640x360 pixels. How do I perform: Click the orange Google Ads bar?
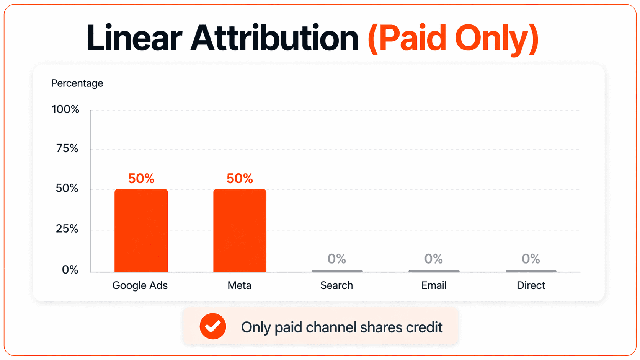(141, 230)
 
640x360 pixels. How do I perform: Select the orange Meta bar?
(240, 230)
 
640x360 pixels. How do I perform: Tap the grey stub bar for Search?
(337, 271)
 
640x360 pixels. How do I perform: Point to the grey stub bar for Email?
(434, 271)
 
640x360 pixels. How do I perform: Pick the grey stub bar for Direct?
(531, 271)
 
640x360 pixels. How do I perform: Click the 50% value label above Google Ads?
(141, 178)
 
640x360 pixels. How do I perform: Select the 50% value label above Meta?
(240, 178)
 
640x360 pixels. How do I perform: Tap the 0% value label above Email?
(433, 259)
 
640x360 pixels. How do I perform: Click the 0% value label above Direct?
(531, 259)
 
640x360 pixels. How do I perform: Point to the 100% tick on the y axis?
(65, 109)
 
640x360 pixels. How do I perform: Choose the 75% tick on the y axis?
(67, 148)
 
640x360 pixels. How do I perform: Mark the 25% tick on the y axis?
(67, 229)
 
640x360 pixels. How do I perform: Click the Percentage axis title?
(77, 83)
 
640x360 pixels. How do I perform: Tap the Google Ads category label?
(140, 285)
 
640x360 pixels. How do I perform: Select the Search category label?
(336, 285)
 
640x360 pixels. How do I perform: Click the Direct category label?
(531, 285)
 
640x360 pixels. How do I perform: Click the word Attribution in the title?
(274, 38)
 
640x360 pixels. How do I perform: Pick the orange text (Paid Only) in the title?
(453, 38)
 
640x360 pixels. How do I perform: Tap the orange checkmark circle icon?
(213, 326)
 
